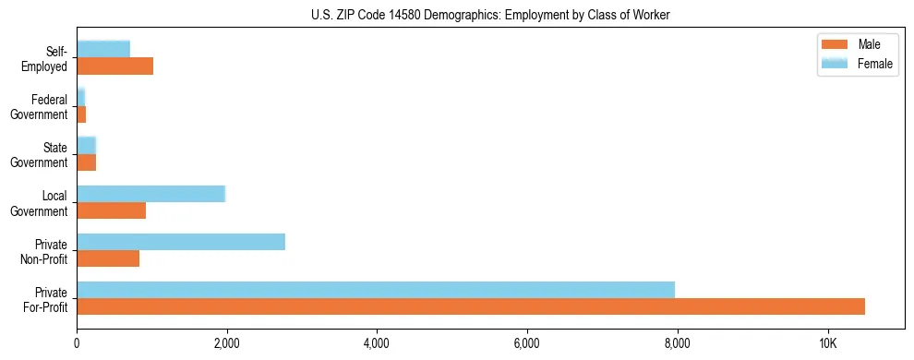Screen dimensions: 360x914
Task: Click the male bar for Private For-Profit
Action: (x=471, y=306)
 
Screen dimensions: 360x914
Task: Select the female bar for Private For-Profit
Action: (x=376, y=290)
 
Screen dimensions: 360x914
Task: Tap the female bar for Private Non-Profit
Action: (x=181, y=242)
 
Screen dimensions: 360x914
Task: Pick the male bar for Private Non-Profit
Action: (x=108, y=258)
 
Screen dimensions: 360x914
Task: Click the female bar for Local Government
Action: (x=150, y=194)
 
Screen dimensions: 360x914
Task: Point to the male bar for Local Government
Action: (x=111, y=210)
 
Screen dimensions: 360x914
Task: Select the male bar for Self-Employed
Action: (x=114, y=66)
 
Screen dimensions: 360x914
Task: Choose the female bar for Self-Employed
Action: (x=103, y=49)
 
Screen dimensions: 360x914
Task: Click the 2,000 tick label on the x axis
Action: (x=227, y=343)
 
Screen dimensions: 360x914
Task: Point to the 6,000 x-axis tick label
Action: (x=527, y=343)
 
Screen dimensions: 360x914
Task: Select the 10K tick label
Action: (x=828, y=343)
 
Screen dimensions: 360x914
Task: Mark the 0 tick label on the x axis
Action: (x=77, y=343)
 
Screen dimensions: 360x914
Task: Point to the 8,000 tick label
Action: (x=678, y=343)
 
